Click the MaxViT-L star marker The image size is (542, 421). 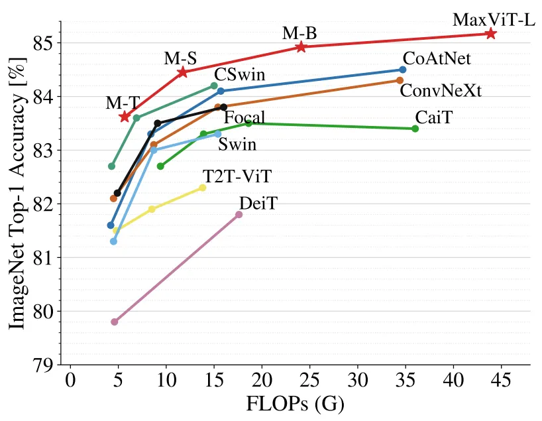(x=490, y=33)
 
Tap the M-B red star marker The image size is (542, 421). (x=301, y=46)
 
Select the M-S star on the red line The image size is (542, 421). (x=182, y=72)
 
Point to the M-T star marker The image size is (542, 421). (x=125, y=117)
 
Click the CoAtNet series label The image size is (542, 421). (x=437, y=58)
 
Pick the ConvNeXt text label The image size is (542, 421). (x=441, y=90)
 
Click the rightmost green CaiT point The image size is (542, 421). (x=415, y=129)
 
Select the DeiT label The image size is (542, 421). (x=258, y=203)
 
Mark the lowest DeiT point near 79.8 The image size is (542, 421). (x=114, y=322)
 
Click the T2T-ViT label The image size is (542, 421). (x=237, y=176)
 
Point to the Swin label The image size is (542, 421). (x=237, y=144)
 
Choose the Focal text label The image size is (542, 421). (x=244, y=118)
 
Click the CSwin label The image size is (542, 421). (x=240, y=74)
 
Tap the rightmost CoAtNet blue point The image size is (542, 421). (x=403, y=70)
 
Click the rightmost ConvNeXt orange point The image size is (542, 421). (x=400, y=80)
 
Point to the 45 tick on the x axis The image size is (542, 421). (x=501, y=383)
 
